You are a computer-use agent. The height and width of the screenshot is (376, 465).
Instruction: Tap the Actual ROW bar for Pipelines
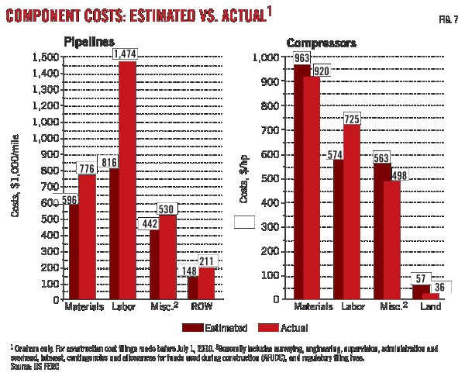[206, 283]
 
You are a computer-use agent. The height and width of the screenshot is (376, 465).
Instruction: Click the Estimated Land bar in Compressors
[419, 291]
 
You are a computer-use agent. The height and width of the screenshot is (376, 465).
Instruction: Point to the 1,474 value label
[126, 54]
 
